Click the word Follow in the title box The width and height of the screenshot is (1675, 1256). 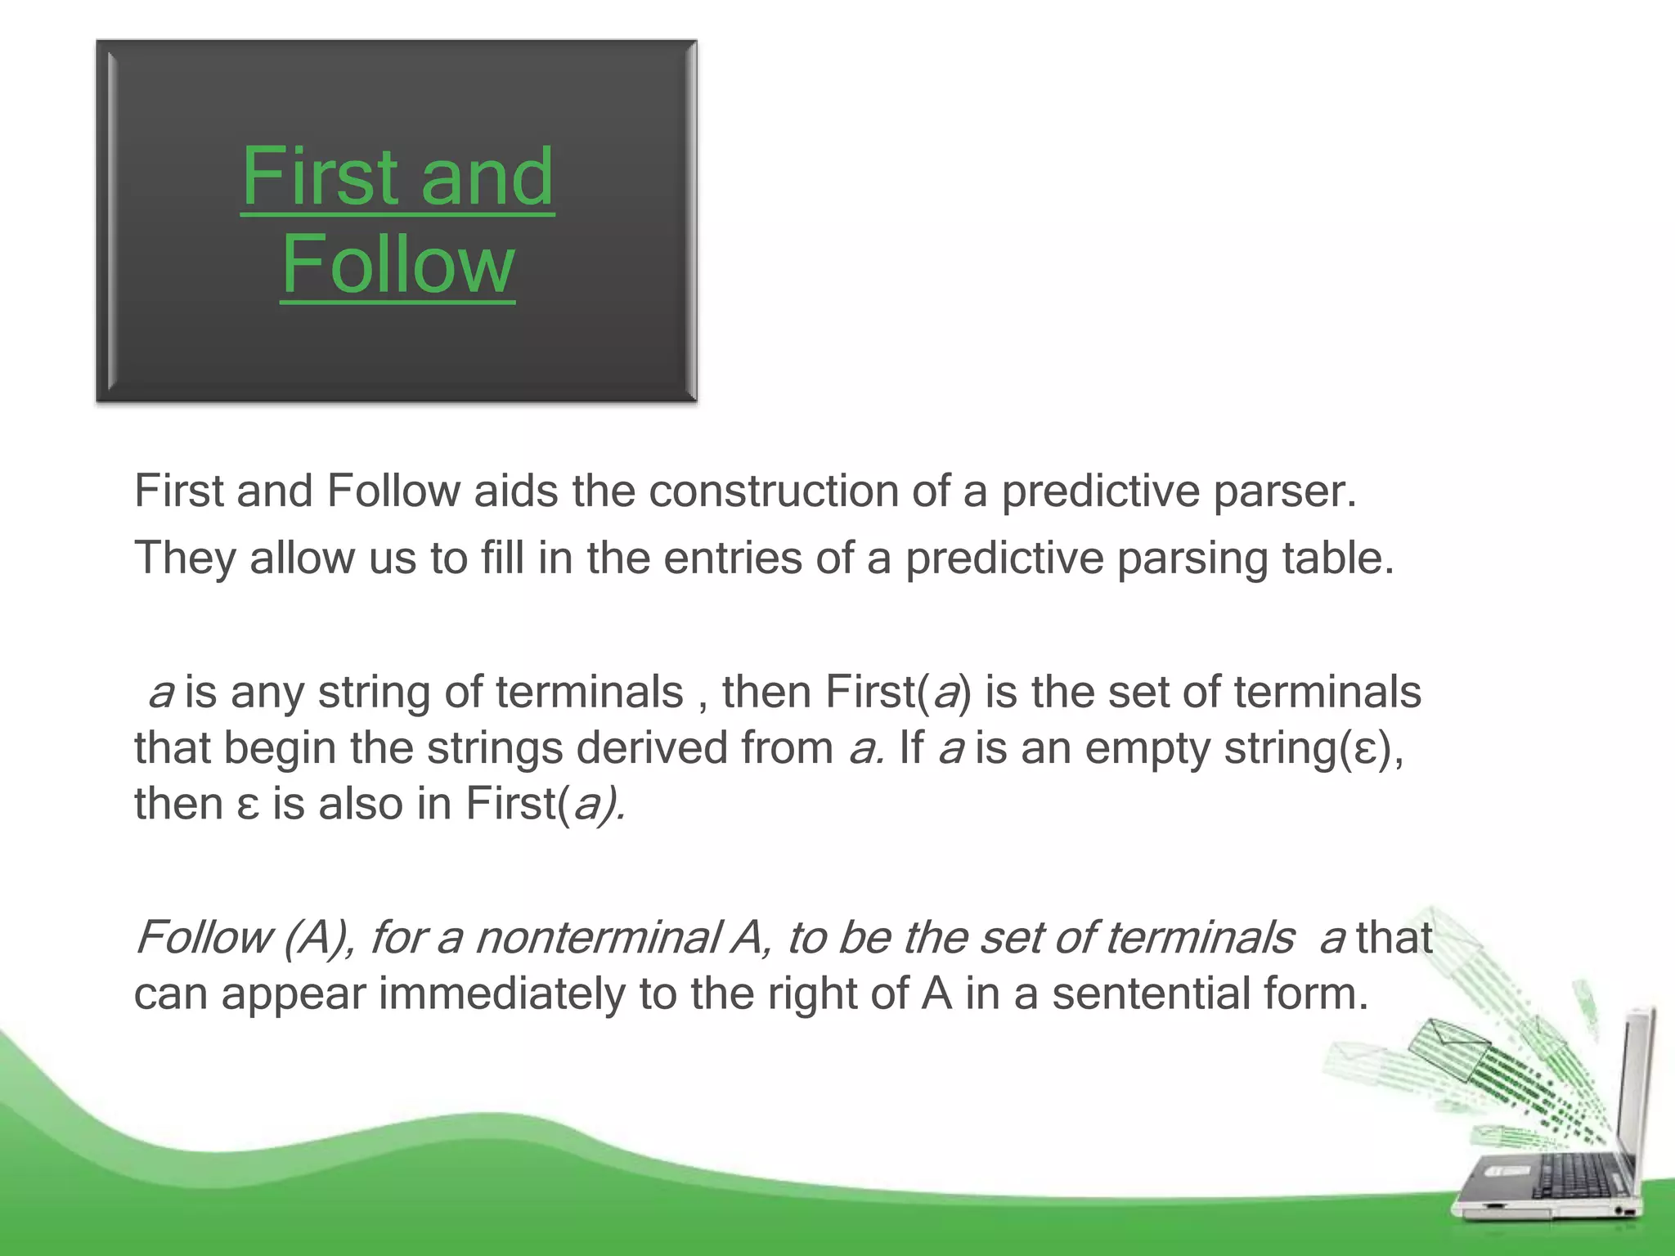click(397, 264)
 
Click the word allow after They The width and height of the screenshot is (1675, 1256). click(302, 558)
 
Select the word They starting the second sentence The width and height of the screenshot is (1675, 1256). click(185, 558)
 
